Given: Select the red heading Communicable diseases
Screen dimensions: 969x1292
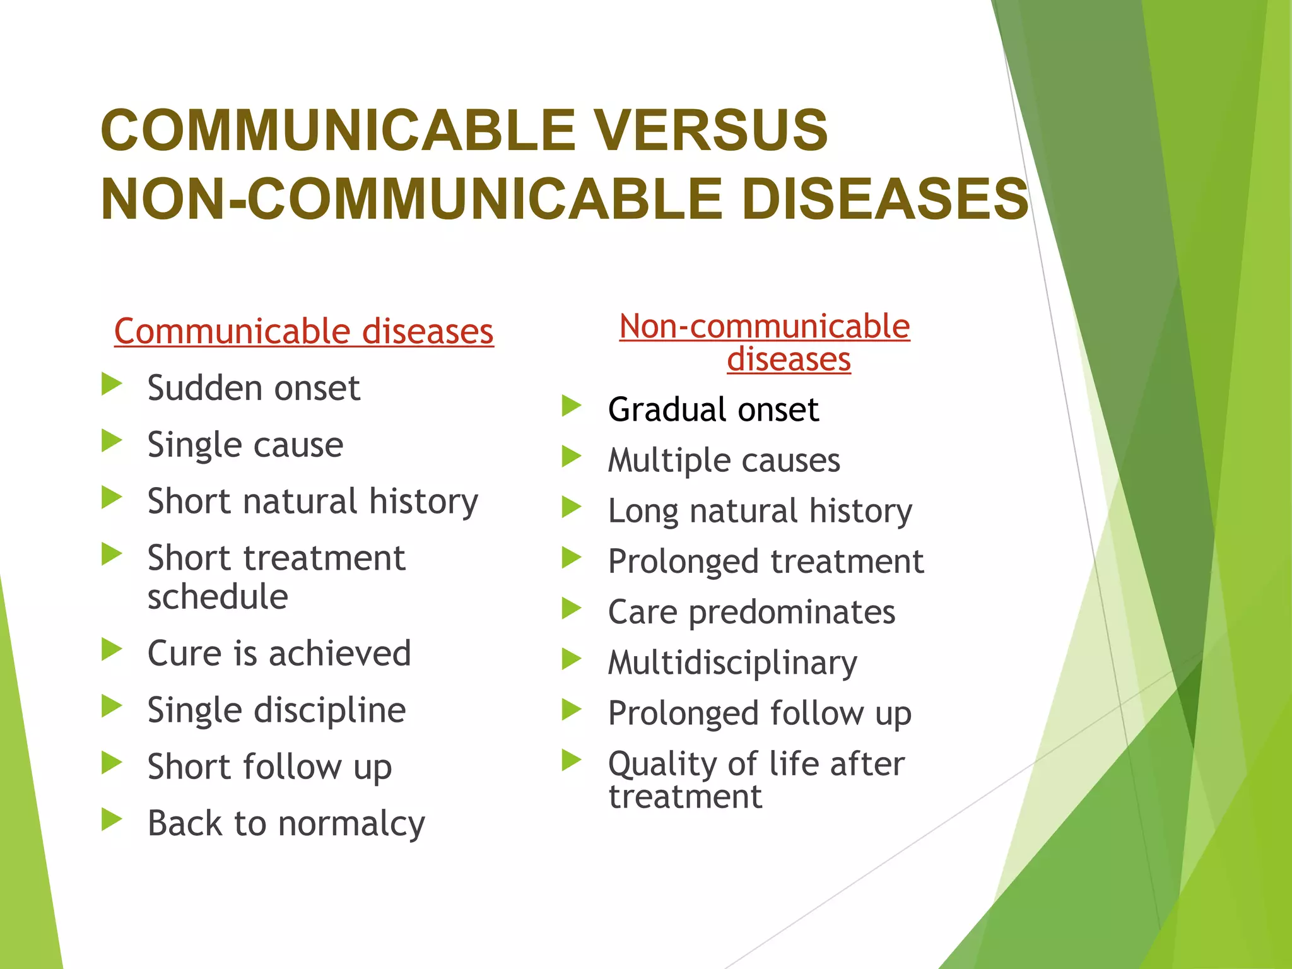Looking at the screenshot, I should tap(303, 332).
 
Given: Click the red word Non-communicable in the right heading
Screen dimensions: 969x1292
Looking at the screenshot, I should tap(764, 327).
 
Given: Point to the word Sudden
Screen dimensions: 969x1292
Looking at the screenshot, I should tap(203, 387).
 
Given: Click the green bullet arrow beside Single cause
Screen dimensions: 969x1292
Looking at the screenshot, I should tap(112, 440).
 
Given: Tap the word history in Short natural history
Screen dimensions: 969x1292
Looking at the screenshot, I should tap(423, 502).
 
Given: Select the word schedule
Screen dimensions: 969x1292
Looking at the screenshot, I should tap(218, 597).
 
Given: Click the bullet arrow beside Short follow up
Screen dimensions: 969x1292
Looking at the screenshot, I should tap(112, 763).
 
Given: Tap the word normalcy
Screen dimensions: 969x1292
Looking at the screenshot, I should tap(351, 824).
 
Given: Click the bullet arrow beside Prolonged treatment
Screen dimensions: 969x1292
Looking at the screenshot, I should tap(572, 558).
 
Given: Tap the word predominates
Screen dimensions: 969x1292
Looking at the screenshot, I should tap(792, 613).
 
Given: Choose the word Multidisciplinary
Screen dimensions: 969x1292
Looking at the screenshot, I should tap(732, 663).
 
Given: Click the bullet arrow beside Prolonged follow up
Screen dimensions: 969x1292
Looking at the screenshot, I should tap(572, 710).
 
